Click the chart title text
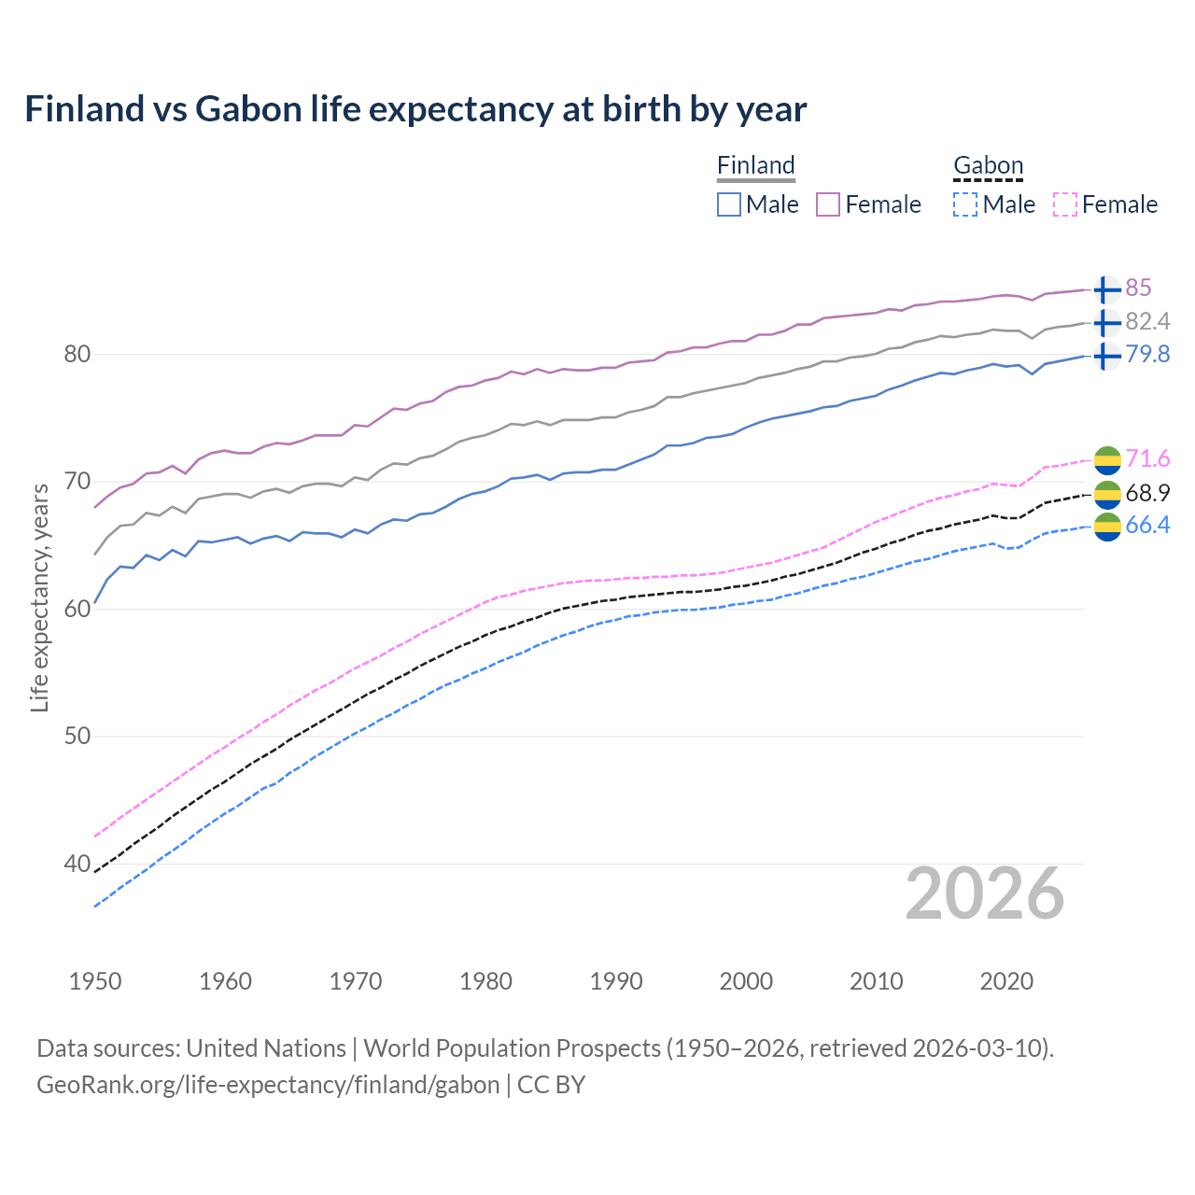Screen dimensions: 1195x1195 415,109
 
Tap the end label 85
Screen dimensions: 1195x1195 1138,288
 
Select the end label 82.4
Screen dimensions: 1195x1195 1147,321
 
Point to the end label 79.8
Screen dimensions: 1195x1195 1147,354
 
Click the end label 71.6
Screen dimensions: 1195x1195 1147,458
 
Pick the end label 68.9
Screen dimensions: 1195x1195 1147,493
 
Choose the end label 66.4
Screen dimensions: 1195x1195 1147,525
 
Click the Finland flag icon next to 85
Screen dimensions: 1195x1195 1106,289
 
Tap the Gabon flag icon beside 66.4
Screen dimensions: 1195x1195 1107,527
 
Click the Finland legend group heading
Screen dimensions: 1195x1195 756,165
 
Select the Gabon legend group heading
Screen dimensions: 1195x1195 988,165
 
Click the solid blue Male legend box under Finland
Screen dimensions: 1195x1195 729,204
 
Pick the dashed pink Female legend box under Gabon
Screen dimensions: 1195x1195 1065,204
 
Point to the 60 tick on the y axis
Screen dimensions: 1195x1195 77,609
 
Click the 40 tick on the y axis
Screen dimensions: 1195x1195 77,864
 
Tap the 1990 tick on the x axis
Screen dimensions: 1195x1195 616,981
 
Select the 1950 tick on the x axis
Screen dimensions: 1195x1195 95,981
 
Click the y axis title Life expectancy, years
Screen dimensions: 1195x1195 39,597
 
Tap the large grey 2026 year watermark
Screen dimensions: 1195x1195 984,893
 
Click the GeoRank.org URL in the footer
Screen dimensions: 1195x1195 268,1085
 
